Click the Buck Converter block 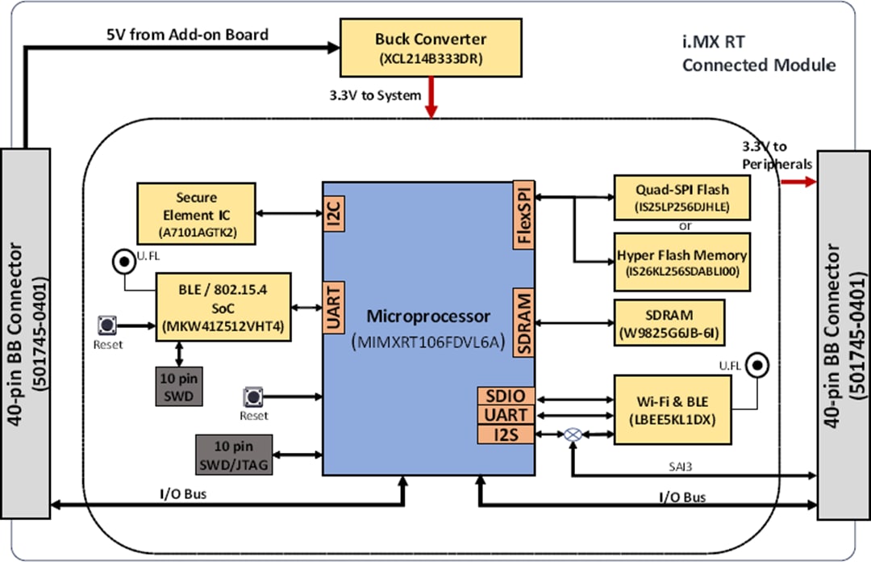(x=431, y=47)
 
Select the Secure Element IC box (x=195, y=212)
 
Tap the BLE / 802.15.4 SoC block (x=223, y=307)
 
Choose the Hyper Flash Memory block (x=681, y=262)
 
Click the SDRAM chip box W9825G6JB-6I (x=669, y=322)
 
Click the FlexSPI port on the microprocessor (x=524, y=216)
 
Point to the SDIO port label (x=506, y=396)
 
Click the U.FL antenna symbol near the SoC (x=123, y=262)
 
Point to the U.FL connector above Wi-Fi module (x=756, y=365)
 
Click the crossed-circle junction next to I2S (x=572, y=434)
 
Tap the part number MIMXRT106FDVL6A (x=428, y=342)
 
